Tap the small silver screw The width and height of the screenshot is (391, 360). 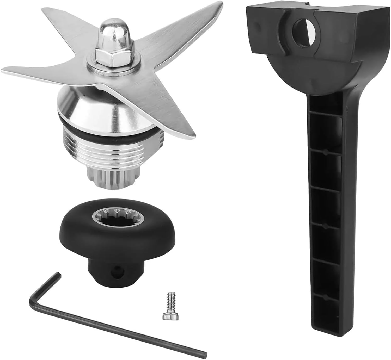pos(166,309)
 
